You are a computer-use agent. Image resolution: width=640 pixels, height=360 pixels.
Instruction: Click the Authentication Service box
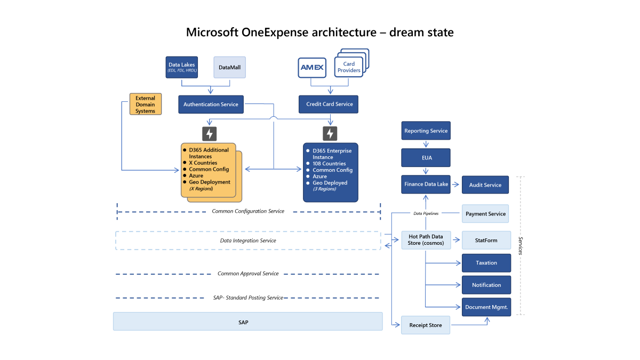tap(211, 105)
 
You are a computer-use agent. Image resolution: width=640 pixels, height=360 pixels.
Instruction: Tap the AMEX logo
tap(312, 68)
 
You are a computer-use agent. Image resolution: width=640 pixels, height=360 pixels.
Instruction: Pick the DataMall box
tap(230, 68)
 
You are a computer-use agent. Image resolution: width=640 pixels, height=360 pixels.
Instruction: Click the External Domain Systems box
tap(145, 105)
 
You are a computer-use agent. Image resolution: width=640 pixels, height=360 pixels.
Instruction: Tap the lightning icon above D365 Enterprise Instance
tap(330, 133)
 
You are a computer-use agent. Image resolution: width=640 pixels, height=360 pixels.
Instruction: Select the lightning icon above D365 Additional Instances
tap(210, 133)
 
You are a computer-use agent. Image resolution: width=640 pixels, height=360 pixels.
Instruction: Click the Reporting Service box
tap(426, 131)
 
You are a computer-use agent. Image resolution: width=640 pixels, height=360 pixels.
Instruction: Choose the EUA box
tap(426, 158)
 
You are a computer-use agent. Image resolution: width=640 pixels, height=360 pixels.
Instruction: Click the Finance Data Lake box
tap(426, 185)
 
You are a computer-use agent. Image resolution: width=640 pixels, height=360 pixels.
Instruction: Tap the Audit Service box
tap(485, 185)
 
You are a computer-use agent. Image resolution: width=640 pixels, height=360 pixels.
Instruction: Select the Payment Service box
tap(485, 214)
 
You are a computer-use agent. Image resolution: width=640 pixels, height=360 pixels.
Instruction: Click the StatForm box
tap(486, 241)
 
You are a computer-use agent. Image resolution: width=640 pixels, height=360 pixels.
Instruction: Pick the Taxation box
tap(486, 263)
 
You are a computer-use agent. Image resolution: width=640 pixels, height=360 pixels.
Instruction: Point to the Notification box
tap(486, 285)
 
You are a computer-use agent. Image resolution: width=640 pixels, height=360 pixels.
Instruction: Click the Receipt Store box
tap(425, 325)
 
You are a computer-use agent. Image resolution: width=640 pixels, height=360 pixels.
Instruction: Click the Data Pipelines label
tap(426, 213)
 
